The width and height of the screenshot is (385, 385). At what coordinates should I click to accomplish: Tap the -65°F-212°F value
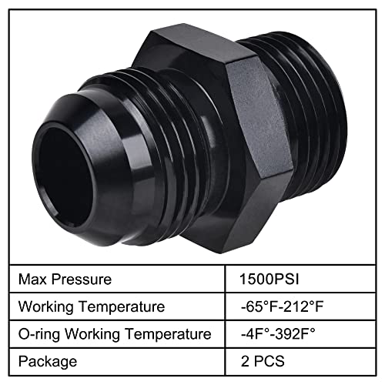pyautogui.click(x=284, y=306)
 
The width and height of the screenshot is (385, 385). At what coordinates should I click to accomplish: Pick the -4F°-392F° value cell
pyautogui.click(x=283, y=334)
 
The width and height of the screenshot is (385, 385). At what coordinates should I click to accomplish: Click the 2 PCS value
pyautogui.click(x=262, y=361)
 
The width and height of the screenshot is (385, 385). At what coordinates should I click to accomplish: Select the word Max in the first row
pyautogui.click(x=35, y=278)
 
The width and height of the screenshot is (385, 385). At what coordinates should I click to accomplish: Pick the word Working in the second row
pyautogui.click(x=49, y=306)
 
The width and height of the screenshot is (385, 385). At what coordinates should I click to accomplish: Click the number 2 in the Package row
pyautogui.click(x=244, y=361)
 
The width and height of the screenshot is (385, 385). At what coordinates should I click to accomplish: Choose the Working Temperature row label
pyautogui.click(x=92, y=306)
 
